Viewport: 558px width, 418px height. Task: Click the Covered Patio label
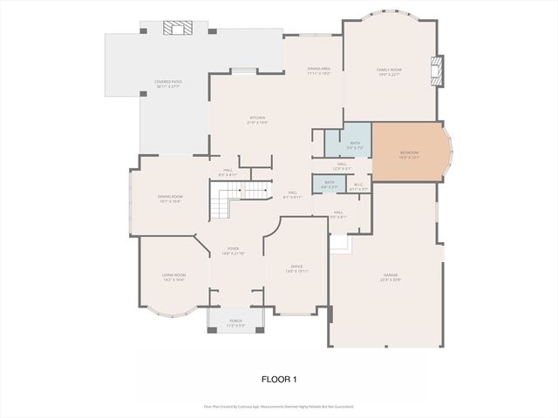click(x=167, y=84)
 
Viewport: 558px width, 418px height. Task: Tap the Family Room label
click(x=389, y=71)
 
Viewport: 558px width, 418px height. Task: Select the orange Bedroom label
click(x=409, y=154)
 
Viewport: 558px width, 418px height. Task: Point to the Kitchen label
click(x=257, y=119)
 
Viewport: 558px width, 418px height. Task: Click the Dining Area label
click(x=319, y=71)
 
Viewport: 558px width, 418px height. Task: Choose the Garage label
click(x=390, y=278)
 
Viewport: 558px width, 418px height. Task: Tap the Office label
click(x=296, y=268)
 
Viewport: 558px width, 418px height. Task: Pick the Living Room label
click(x=174, y=278)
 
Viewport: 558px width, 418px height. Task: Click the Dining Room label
click(x=170, y=199)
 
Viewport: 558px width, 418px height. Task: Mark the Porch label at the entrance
click(x=235, y=323)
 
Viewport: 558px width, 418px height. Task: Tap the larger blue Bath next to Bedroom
click(x=355, y=145)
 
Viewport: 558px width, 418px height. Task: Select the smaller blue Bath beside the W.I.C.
click(x=330, y=184)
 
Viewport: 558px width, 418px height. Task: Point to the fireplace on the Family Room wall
click(x=439, y=71)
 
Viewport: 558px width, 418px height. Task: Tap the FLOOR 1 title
click(x=280, y=379)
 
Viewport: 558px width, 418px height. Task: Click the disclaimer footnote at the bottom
click(x=279, y=406)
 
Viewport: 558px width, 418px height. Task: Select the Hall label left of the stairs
click(x=228, y=172)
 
